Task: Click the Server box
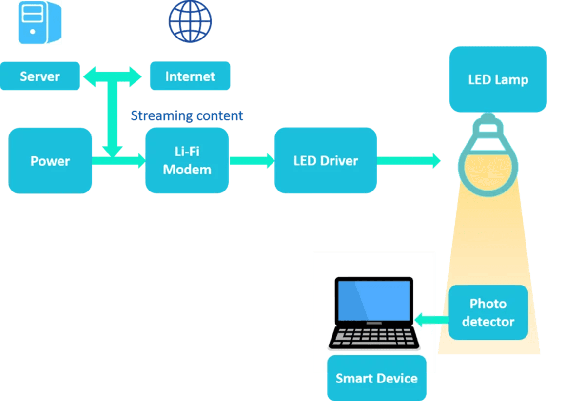[40, 76]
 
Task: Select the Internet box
[190, 76]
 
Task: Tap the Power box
[50, 161]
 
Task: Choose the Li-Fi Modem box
[187, 160]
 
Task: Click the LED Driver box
[325, 160]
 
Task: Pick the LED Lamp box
[498, 79]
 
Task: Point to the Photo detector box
[488, 312]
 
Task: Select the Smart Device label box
[376, 378]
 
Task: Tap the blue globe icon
[190, 22]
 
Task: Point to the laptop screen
[374, 300]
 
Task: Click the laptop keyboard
[374, 337]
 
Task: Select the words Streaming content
[187, 115]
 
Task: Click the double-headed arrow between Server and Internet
[112, 76]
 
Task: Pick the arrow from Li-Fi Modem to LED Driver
[252, 160]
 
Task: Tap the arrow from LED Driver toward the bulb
[409, 160]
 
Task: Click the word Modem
[187, 170]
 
